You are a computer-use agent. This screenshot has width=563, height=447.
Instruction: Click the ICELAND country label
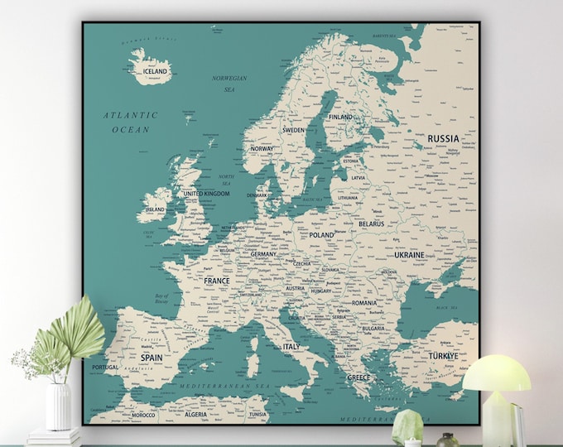tap(155, 72)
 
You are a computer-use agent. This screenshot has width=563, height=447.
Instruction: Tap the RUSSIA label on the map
tap(443, 138)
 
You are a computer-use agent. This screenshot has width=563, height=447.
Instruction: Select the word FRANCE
tap(217, 281)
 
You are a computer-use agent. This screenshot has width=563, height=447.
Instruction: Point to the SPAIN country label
tap(152, 358)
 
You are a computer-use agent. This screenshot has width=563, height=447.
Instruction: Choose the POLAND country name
tap(321, 235)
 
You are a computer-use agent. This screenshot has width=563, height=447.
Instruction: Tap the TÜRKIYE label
tap(442, 356)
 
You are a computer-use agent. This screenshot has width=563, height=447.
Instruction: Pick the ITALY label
tap(291, 347)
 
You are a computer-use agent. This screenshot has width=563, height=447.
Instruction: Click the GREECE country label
tap(358, 377)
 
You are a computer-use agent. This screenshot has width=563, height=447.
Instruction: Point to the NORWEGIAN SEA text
tap(229, 84)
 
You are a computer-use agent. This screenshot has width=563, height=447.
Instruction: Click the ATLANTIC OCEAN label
tap(131, 123)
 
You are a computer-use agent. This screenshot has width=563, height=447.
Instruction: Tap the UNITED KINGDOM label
tap(205, 194)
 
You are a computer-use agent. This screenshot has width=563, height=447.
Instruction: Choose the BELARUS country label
tap(371, 223)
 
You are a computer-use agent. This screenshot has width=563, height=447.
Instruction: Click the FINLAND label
tap(339, 118)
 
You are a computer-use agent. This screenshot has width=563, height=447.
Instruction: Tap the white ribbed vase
tap(59, 405)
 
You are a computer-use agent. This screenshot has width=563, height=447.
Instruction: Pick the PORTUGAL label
tap(105, 367)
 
